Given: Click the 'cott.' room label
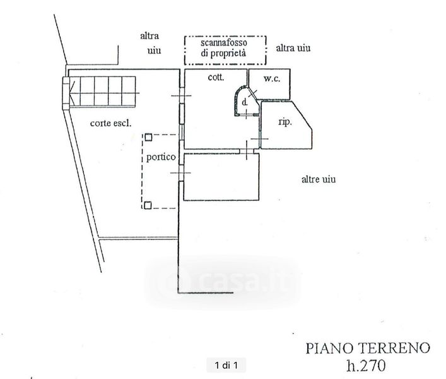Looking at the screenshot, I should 218,78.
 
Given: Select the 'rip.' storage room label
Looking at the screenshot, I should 285,122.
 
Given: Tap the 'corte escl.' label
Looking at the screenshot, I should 110,124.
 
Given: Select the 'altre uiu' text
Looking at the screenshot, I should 318,180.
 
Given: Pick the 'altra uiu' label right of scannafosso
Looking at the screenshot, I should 293,48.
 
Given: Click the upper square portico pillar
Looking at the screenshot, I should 147,136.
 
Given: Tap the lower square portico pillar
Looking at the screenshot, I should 147,204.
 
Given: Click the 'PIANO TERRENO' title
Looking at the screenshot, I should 368,347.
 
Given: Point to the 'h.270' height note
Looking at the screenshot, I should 368,364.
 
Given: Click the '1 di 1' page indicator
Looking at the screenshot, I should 227,364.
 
